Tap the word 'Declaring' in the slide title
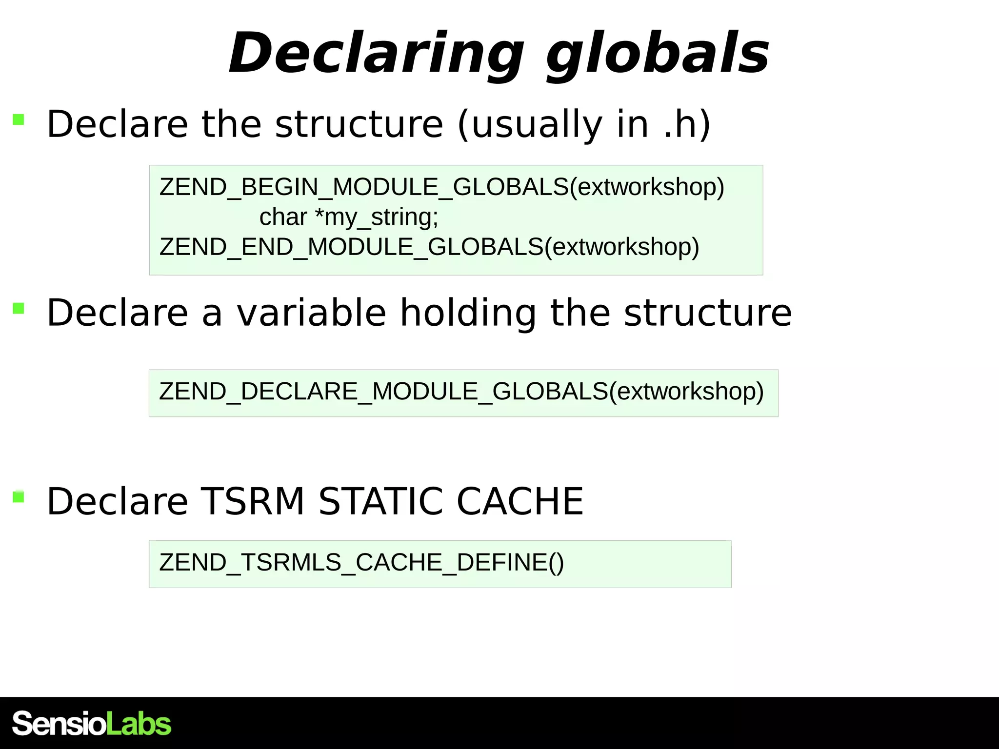point(376,54)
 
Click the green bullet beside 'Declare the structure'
point(19,119)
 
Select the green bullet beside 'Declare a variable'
point(19,308)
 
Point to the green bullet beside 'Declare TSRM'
point(19,497)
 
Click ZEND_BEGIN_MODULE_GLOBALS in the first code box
point(364,187)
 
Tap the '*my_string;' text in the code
point(377,217)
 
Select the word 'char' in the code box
point(283,217)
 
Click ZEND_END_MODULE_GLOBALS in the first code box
point(351,247)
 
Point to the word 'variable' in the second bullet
point(312,313)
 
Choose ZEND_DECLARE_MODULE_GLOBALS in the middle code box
point(383,392)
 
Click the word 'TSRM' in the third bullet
point(253,501)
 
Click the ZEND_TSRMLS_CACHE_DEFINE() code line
point(361,562)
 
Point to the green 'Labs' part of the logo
point(139,724)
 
